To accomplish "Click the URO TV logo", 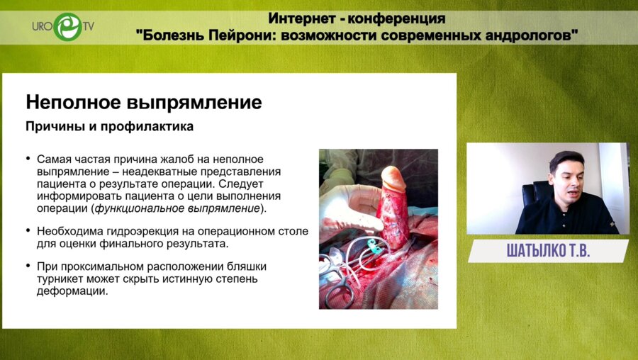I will point(62,28).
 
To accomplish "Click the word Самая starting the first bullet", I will point(53,160).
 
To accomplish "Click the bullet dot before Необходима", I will point(28,231).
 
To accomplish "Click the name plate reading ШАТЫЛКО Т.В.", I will point(547,251).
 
